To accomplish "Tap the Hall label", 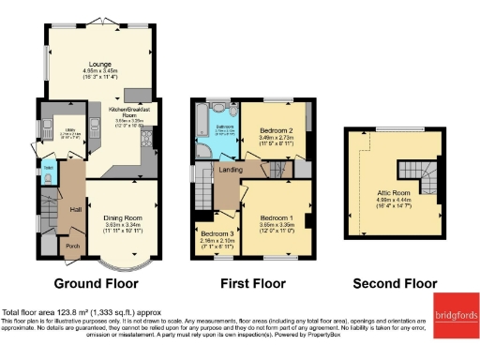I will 75,209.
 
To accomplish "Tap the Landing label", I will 232,170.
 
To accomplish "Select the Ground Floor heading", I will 97,282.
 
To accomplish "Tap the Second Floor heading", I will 394,282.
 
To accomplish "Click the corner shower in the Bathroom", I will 207,150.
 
